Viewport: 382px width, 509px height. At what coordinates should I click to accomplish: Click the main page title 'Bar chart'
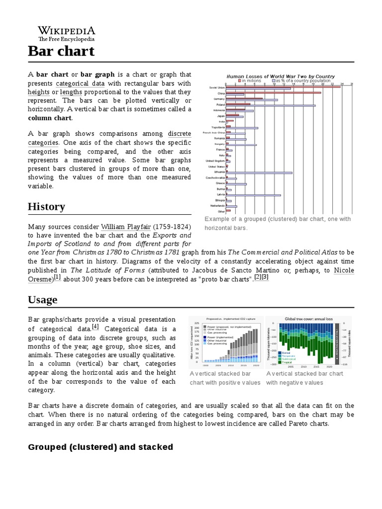tap(61, 51)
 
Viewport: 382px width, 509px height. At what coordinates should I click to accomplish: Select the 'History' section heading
tap(46, 206)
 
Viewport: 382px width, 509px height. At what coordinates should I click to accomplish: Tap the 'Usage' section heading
tap(42, 299)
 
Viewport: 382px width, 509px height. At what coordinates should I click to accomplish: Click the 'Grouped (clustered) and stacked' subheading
tap(100, 447)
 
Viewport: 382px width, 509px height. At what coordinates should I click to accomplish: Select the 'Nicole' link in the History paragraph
tap(344, 270)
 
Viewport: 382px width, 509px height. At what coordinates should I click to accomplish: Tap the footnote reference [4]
tap(95, 327)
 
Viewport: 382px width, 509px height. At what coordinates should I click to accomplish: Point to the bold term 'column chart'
tap(50, 118)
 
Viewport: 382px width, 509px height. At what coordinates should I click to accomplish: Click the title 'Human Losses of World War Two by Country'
tap(281, 76)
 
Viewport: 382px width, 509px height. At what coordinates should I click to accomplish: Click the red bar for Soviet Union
tap(283, 86)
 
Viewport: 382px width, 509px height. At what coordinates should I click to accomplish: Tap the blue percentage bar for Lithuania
tap(259, 172)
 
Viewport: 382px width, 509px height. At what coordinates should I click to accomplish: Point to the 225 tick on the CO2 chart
tap(196, 323)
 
